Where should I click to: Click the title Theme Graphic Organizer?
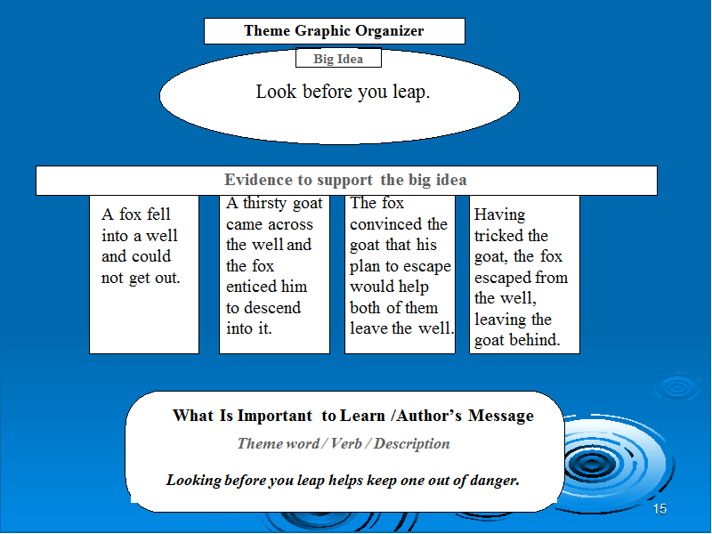[334, 31]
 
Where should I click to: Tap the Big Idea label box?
[338, 58]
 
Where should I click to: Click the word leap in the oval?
[411, 93]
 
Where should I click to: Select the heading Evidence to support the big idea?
[345, 180]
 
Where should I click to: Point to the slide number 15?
[659, 509]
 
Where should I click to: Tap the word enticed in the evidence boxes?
[251, 287]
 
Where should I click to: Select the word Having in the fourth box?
[500, 215]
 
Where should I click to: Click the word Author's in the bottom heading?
[429, 416]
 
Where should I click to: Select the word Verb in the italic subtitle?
[346, 443]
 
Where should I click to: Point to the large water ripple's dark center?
[591, 464]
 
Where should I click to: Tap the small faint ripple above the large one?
[677, 387]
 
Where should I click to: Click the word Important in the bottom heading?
[275, 416]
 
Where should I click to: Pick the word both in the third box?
[365, 307]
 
